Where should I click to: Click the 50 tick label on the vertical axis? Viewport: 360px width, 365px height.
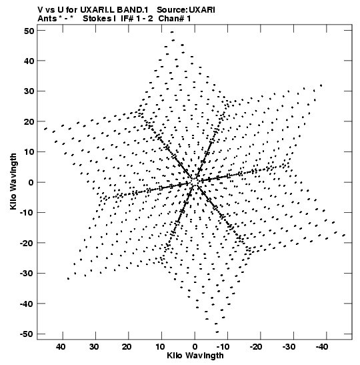coord(29,31)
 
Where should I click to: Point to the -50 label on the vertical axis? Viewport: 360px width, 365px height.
coord(27,334)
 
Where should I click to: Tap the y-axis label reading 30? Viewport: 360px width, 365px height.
coord(29,91)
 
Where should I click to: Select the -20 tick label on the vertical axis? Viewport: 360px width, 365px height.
coord(27,243)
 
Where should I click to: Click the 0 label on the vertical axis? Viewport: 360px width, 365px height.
coord(31,182)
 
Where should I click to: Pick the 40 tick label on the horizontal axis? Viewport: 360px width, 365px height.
coord(61,347)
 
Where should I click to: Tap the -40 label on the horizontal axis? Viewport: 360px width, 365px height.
coord(322,347)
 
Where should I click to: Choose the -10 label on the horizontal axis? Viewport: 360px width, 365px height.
coord(223,347)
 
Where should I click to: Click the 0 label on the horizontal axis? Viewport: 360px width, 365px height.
coord(195,347)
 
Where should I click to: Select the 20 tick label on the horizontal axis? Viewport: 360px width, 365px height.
coord(127,347)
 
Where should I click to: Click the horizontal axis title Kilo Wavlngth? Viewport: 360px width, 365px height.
coord(195,356)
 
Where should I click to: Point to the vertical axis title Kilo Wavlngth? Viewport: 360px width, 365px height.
coord(13,181)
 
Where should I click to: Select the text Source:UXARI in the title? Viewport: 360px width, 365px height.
coord(186,10)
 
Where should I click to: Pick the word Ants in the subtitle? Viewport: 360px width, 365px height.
coord(47,19)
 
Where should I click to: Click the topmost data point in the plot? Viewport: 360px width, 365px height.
coord(172,32)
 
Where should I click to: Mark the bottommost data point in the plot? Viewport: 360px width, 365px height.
coord(217,332)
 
